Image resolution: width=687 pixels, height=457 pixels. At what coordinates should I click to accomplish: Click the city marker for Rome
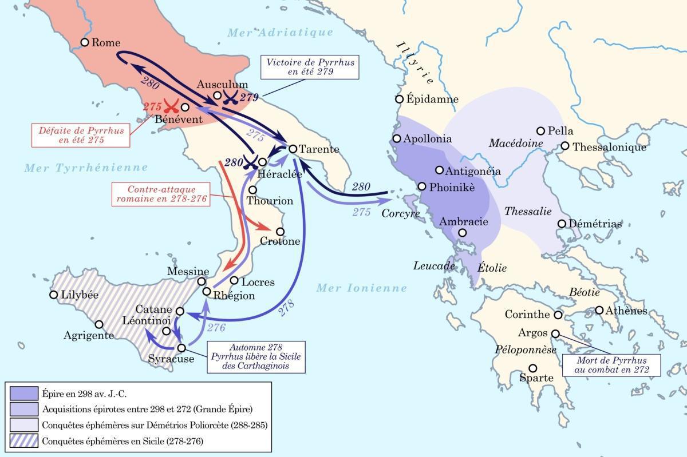point(85,42)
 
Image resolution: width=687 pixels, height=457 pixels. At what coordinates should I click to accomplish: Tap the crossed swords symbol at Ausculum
point(230,97)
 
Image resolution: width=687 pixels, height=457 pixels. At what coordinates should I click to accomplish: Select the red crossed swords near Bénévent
point(170,106)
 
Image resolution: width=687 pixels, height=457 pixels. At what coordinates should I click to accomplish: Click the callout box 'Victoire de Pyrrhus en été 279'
point(310,67)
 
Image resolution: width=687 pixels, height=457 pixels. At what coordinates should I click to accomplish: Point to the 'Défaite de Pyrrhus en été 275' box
point(81,135)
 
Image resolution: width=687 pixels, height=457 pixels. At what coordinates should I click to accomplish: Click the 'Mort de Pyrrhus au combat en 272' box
point(611,365)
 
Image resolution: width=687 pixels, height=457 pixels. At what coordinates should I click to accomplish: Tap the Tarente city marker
point(292,149)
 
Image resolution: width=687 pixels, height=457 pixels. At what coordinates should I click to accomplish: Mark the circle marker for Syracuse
point(181,348)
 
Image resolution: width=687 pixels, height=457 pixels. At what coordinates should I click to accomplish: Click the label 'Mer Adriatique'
point(280,33)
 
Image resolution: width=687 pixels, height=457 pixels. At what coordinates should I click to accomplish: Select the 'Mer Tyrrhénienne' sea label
point(86,168)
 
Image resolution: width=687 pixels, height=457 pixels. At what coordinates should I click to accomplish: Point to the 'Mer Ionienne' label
point(361,288)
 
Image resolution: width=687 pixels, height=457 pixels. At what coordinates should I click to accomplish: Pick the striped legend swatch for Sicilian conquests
point(24,441)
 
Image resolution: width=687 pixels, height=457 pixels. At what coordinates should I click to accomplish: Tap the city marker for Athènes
point(599,310)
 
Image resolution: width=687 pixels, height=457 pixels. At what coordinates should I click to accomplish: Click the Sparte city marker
point(533,368)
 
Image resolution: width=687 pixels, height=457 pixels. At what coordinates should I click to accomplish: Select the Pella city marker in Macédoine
point(540,131)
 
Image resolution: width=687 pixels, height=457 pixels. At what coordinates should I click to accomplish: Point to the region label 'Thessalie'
point(528,211)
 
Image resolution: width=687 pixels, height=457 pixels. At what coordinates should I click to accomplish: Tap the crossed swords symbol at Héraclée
point(249,162)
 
